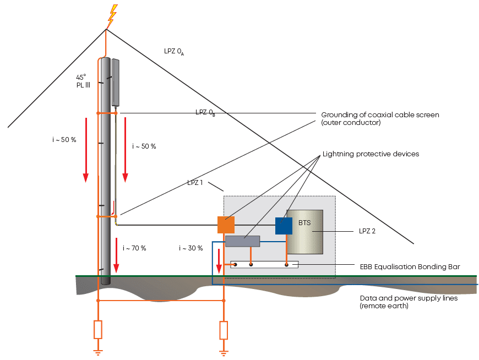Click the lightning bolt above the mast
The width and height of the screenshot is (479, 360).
[112, 16]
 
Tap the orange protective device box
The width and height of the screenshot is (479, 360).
[226, 225]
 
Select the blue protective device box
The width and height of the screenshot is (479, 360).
[284, 226]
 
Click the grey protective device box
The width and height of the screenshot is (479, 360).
[243, 241]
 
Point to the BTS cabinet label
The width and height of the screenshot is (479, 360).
[304, 223]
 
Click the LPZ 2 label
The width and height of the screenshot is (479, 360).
[367, 231]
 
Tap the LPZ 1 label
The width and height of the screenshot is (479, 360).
[195, 183]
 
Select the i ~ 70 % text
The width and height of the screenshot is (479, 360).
[134, 248]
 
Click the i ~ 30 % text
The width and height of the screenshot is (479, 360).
[191, 248]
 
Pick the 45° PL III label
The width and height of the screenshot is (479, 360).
[83, 81]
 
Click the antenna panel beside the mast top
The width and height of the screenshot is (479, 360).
[115, 83]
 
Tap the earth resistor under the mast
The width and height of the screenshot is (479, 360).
[98, 330]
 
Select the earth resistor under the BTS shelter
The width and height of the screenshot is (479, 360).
[224, 330]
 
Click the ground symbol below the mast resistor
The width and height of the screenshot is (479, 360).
[98, 353]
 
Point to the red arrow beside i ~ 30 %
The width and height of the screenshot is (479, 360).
[219, 261]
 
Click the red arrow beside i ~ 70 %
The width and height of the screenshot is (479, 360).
[116, 255]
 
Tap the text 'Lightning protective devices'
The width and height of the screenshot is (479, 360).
[371, 154]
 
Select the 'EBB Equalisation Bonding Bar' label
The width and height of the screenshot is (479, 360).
[410, 267]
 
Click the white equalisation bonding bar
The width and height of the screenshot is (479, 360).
[264, 264]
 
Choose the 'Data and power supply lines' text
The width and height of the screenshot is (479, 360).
[409, 298]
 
